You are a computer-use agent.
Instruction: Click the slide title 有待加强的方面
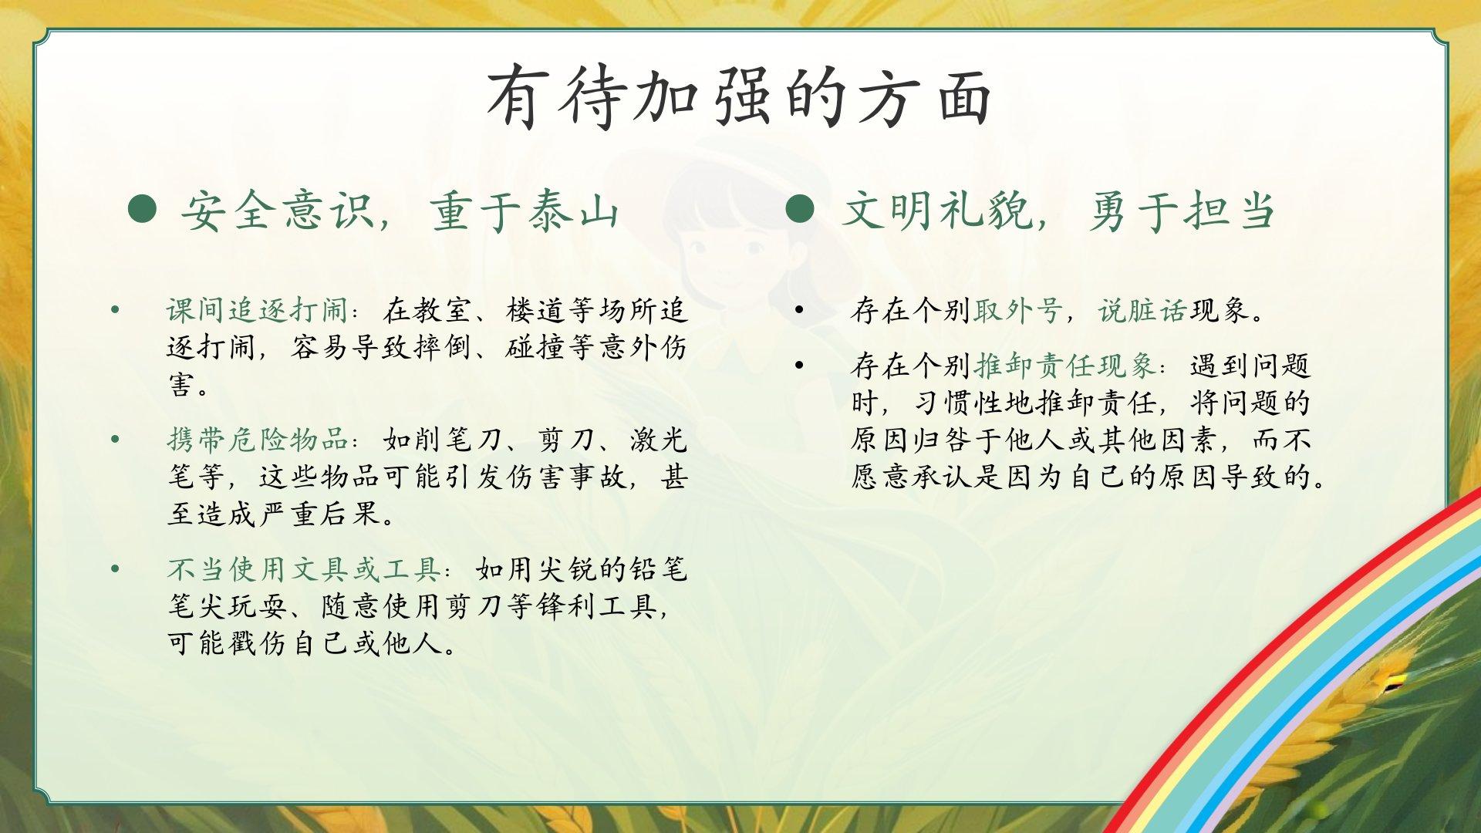tap(739, 97)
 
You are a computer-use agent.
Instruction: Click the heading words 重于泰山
tap(525, 210)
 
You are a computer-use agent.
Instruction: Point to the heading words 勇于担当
tap(1182, 210)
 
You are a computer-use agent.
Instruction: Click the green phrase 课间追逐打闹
tap(258, 310)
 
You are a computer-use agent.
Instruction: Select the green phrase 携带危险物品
tap(258, 440)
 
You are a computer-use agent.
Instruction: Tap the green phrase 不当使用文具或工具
tap(304, 569)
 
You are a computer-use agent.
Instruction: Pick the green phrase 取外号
tap(1019, 310)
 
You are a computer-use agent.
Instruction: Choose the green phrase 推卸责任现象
tap(1064, 366)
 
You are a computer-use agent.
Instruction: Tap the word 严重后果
tap(320, 514)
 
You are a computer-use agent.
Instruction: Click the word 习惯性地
tap(973, 403)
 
